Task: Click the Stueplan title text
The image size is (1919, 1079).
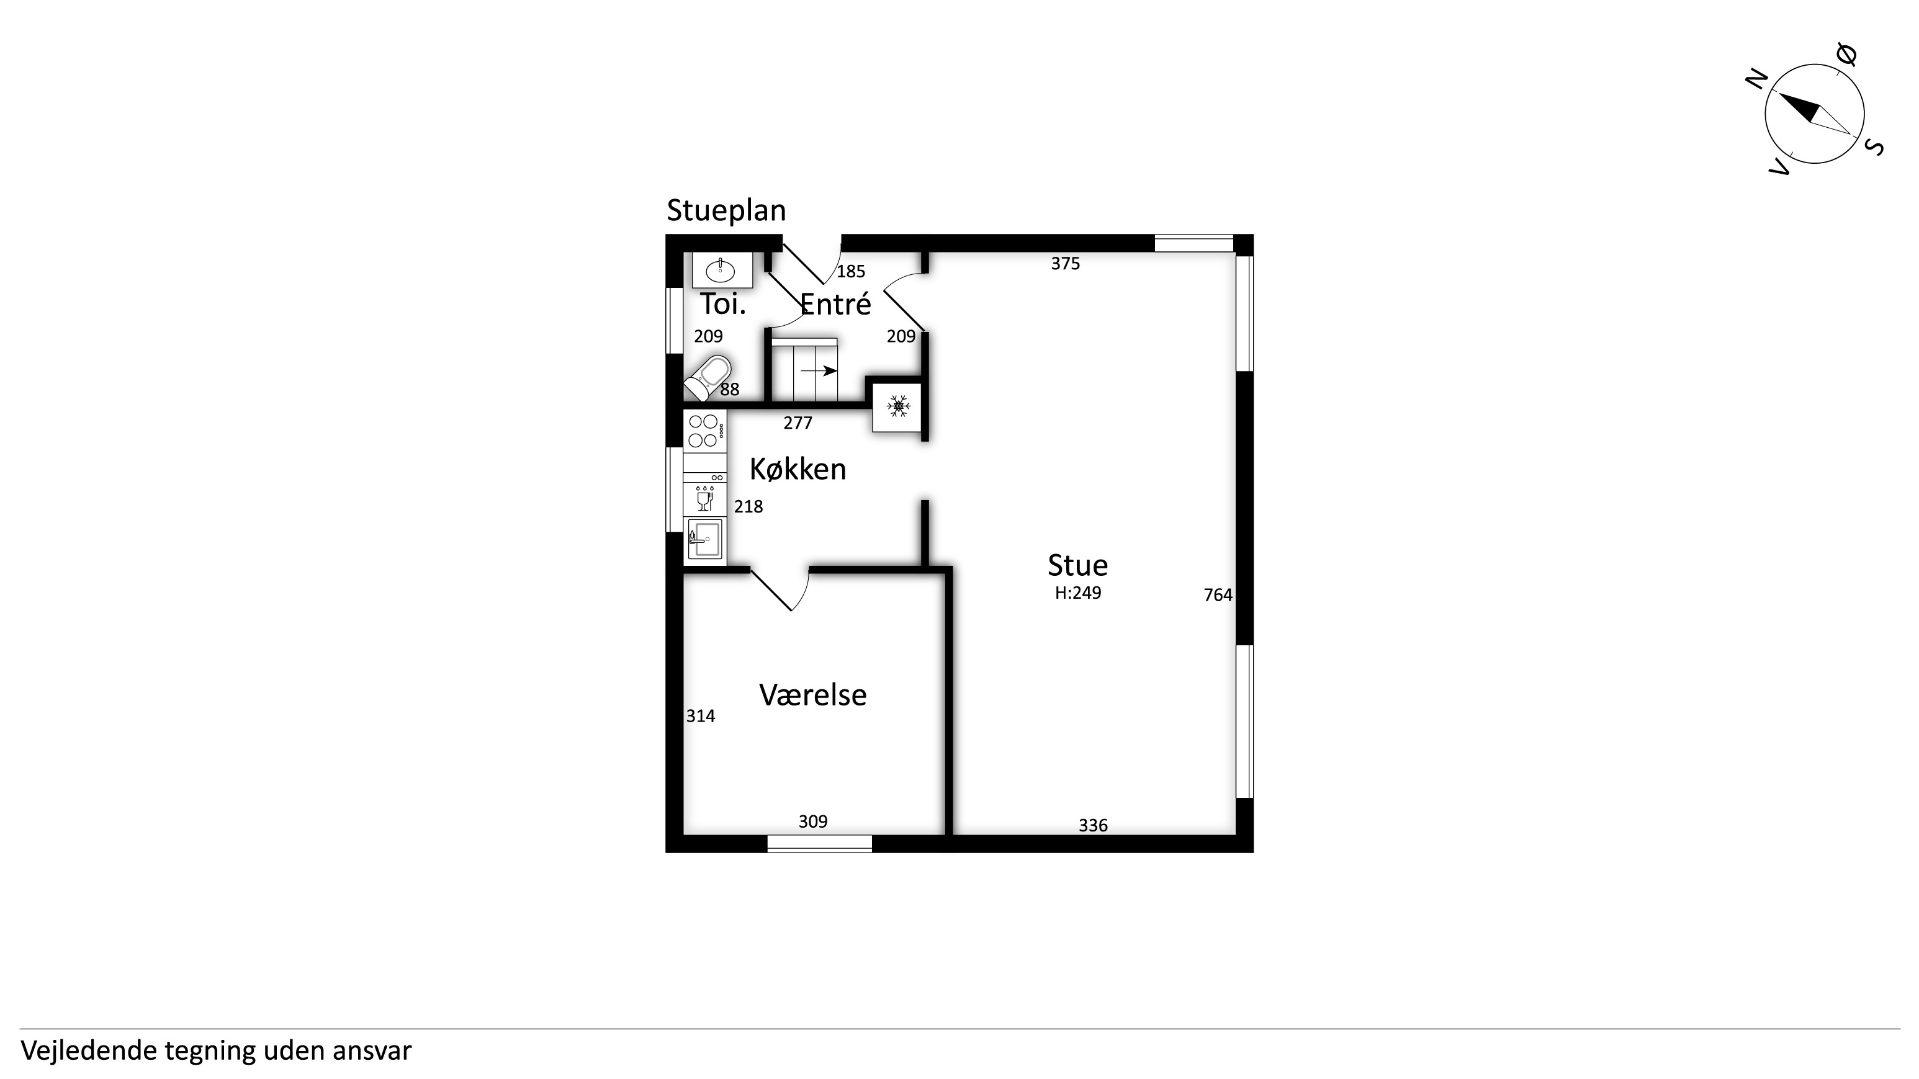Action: (726, 211)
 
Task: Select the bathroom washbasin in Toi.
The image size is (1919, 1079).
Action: (721, 269)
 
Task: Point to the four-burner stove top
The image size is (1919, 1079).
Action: (704, 431)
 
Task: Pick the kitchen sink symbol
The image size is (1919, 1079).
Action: (704, 539)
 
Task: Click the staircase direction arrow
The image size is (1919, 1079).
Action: (819, 370)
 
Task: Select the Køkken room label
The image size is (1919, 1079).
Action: (798, 469)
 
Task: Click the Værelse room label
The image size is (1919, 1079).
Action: (813, 695)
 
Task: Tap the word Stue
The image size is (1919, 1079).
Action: (1078, 566)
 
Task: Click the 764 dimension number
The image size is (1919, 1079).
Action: (1218, 595)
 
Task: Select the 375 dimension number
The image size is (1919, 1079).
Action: (1065, 264)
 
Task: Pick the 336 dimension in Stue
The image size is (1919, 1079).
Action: (1093, 825)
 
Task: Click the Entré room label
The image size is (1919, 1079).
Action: (835, 304)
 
